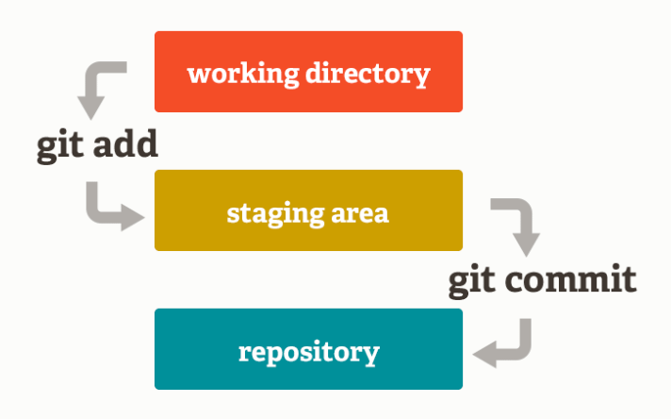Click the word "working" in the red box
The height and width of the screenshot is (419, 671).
(243, 75)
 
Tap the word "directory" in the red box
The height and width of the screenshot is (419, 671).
(368, 75)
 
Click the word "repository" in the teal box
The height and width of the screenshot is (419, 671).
(309, 353)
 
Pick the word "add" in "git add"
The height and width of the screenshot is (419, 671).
(125, 143)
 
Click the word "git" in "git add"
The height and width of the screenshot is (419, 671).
(60, 145)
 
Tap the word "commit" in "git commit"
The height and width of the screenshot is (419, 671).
(571, 279)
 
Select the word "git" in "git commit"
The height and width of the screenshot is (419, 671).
(472, 282)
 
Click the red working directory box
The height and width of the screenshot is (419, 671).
(308, 72)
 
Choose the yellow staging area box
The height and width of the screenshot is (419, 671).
(308, 210)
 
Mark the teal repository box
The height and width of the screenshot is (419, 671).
(308, 349)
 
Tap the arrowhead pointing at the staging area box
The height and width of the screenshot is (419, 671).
(133, 217)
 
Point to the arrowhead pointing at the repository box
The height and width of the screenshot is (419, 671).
(484, 354)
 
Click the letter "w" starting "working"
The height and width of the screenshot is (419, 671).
(198, 75)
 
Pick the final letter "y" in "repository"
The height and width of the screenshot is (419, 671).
(371, 357)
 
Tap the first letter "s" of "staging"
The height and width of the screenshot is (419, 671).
(233, 214)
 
